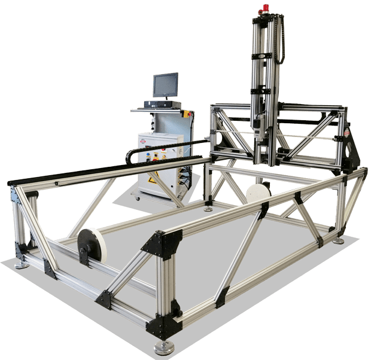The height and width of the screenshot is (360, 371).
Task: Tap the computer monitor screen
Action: point(165,85)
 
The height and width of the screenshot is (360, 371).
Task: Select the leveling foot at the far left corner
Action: point(22,263)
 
